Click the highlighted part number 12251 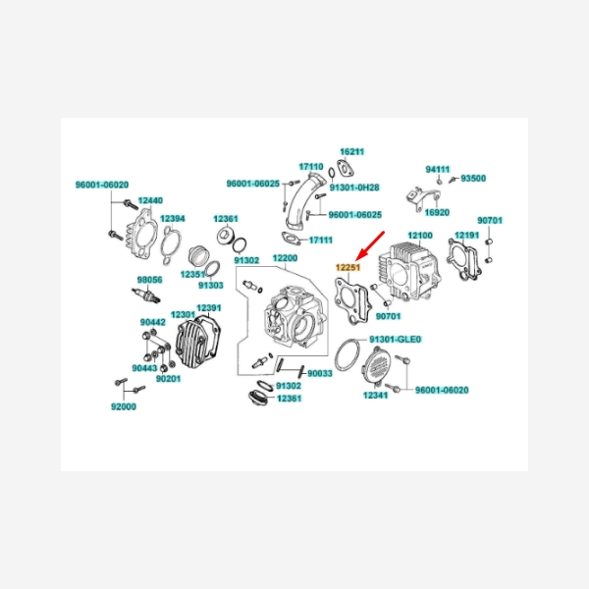click(x=348, y=267)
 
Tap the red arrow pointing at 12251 click(x=370, y=246)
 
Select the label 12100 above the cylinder click(x=420, y=236)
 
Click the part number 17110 click(x=311, y=167)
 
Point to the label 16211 click(x=352, y=152)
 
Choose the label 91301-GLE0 click(x=396, y=340)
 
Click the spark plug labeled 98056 click(x=146, y=294)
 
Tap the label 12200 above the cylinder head click(x=285, y=258)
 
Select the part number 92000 click(x=124, y=406)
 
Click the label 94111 click(x=438, y=170)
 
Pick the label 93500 click(x=473, y=178)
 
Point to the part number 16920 click(x=437, y=213)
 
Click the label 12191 click(x=467, y=236)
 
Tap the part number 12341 click(x=376, y=396)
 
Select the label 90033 click(x=320, y=373)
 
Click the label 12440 click(x=150, y=200)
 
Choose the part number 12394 click(x=173, y=219)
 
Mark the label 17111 click(x=321, y=240)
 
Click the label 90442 click(x=153, y=322)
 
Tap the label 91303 click(x=211, y=286)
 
